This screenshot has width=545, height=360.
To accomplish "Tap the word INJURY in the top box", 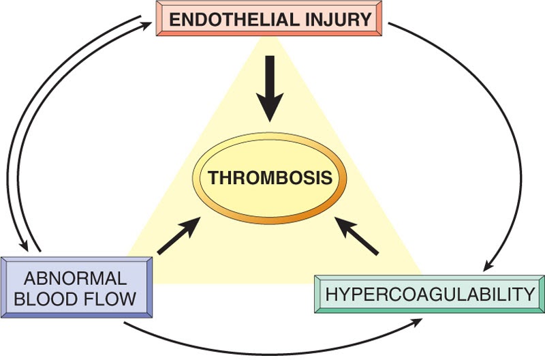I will tap(344, 18).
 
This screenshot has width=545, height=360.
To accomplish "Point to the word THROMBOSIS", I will tap(270, 179).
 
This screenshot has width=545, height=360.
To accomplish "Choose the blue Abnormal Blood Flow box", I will tap(77, 287).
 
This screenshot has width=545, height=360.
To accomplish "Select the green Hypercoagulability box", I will tap(429, 295).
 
